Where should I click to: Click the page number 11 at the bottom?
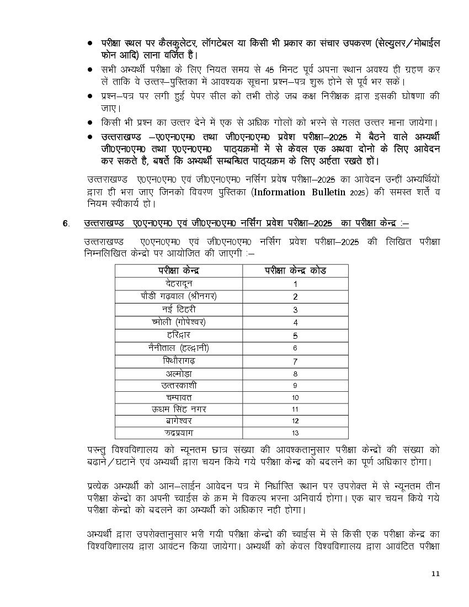(x=436, y=573)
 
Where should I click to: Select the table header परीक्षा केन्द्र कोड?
(x=295, y=270)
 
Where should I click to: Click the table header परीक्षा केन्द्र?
(x=179, y=270)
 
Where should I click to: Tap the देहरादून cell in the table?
(x=179, y=284)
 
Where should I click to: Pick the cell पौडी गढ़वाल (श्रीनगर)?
(x=179, y=296)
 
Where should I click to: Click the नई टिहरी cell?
(x=179, y=310)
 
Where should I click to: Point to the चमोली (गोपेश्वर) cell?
(x=179, y=322)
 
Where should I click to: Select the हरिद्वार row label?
(x=179, y=336)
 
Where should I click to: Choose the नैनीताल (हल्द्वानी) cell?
(x=179, y=348)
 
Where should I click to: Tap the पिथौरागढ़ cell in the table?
(x=179, y=361)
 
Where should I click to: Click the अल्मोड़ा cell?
(x=179, y=374)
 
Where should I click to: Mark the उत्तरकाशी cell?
(x=179, y=385)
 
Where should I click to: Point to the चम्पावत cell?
(x=179, y=397)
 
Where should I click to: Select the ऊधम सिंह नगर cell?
(x=179, y=409)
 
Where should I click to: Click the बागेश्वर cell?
(x=179, y=421)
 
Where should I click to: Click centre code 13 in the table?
(x=295, y=433)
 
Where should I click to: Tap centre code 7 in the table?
(x=295, y=362)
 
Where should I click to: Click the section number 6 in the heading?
(x=65, y=223)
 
